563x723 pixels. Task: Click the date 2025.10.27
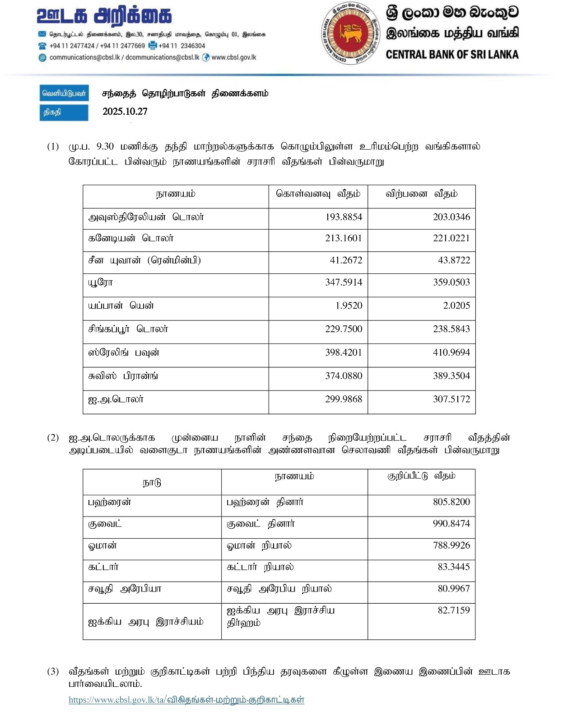[125, 112]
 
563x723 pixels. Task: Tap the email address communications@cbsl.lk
[84, 57]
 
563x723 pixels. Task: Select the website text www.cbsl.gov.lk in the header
[233, 57]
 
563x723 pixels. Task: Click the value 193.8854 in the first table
[344, 217]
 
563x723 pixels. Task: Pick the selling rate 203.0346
[451, 217]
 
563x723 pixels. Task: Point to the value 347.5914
[344, 282]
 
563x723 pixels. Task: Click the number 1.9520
[349, 306]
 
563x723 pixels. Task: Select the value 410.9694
[451, 352]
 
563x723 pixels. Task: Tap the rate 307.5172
[451, 399]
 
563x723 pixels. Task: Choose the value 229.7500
[344, 329]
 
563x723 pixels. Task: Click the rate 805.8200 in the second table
[451, 502]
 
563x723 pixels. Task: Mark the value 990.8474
[451, 524]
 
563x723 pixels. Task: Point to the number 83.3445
[454, 567]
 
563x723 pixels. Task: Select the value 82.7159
[454, 610]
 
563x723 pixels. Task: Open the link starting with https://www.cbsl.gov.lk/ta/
[186, 700]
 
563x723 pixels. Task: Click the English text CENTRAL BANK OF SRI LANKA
[452, 55]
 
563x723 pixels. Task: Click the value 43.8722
[454, 261]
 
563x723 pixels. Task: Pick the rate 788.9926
[451, 545]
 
